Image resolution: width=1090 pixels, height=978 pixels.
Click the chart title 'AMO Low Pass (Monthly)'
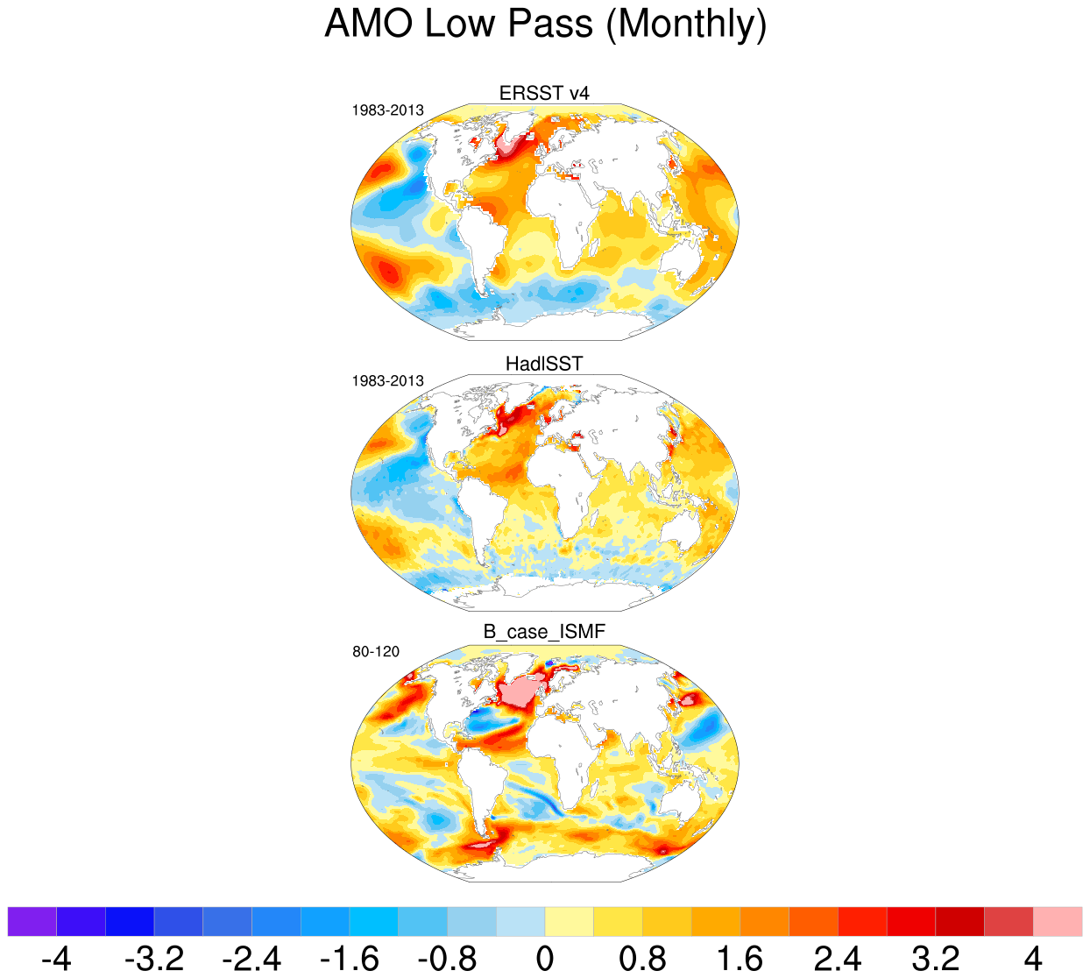[545, 24]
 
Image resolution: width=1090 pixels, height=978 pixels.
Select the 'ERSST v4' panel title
[544, 93]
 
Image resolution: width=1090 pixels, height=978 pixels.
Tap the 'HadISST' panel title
[544, 364]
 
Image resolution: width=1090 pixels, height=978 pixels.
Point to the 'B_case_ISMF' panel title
[544, 632]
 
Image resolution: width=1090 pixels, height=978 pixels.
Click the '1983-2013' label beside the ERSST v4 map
[387, 110]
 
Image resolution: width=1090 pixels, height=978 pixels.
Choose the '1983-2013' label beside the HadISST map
[387, 381]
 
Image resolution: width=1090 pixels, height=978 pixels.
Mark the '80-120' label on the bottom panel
[376, 652]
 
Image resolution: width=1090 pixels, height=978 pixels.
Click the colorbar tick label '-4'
[56, 958]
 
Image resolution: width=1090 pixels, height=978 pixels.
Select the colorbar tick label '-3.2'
[154, 958]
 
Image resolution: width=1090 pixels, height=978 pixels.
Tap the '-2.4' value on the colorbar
[251, 958]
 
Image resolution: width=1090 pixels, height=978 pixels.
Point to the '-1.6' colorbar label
[350, 958]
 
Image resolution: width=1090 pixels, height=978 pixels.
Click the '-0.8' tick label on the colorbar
[447, 958]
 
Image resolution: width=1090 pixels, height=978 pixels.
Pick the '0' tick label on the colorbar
[545, 958]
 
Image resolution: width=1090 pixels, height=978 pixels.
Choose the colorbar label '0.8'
[642, 958]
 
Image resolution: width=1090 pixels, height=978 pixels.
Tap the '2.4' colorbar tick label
[838, 958]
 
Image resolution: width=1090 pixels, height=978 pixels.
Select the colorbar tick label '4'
[1034, 958]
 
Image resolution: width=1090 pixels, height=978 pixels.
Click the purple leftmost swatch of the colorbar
[32, 922]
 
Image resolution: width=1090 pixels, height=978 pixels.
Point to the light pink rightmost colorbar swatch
[1058, 922]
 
